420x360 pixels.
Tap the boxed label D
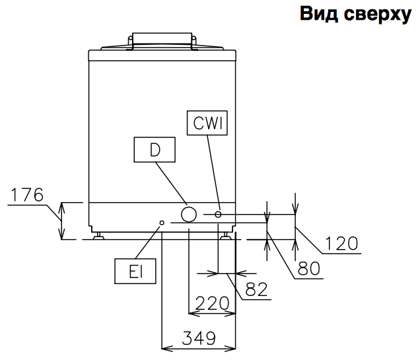click(155, 150)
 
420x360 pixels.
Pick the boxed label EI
click(134, 271)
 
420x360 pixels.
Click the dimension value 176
click(28, 195)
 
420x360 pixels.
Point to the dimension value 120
click(341, 243)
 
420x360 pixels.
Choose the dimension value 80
click(308, 269)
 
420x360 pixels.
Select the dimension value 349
click(199, 338)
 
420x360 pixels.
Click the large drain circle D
click(189, 214)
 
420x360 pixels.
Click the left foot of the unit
click(98, 236)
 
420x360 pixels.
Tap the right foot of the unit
click(227, 236)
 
